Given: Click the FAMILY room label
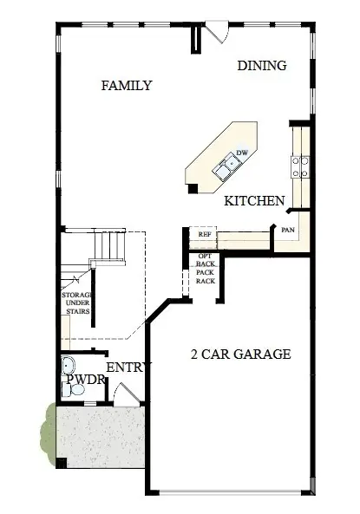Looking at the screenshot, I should tap(126, 86).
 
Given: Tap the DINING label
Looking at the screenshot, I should tap(262, 66).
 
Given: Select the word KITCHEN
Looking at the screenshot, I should tap(254, 201).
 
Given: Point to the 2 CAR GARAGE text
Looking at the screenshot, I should tap(240, 354).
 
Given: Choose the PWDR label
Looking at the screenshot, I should tap(85, 381).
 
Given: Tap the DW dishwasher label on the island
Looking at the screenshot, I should tap(243, 153).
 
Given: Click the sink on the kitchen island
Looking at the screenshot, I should tap(231, 161).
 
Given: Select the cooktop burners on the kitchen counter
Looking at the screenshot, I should tap(301, 166).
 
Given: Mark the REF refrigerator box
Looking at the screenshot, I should tap(205, 234).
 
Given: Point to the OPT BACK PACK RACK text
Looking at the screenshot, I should tap(205, 269).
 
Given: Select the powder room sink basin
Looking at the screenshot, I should tap(69, 365).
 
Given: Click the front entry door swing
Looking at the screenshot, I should tap(127, 395).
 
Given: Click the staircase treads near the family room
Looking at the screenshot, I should tap(108, 247).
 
